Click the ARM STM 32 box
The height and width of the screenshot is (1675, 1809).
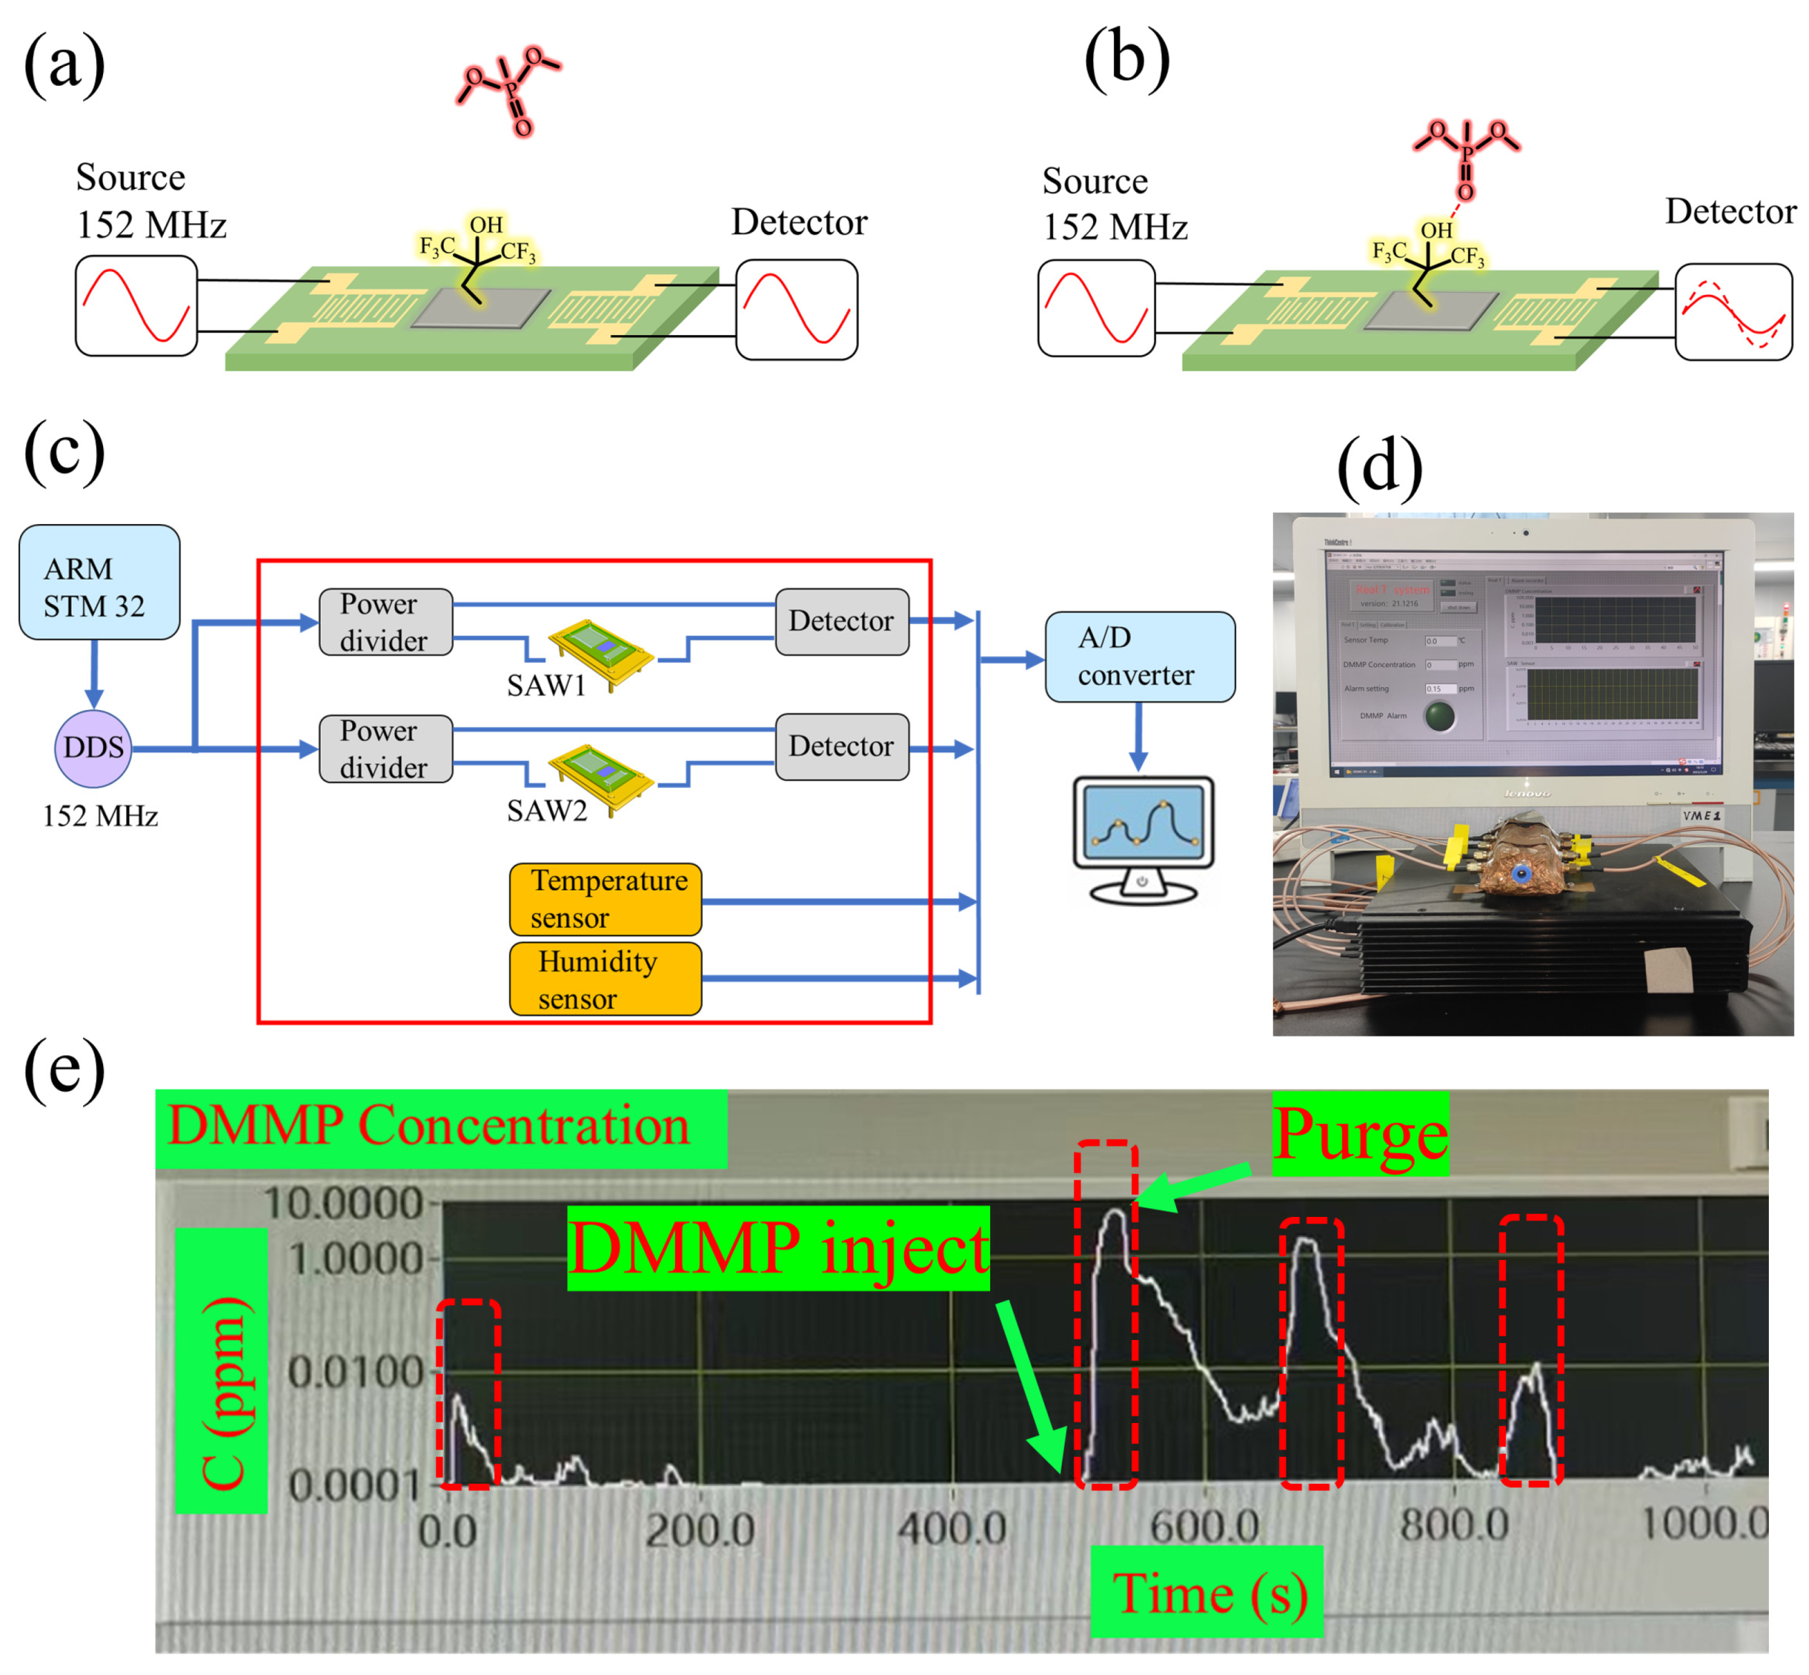point(99,582)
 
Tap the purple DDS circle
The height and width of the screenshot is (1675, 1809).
point(93,748)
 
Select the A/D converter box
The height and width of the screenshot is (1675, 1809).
point(1139,656)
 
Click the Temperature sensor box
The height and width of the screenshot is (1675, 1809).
point(606,899)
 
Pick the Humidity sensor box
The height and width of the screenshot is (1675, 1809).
point(606,979)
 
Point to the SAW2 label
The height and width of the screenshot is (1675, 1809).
point(546,810)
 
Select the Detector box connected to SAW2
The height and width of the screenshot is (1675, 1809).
point(842,747)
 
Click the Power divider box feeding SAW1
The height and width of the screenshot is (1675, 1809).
point(385,622)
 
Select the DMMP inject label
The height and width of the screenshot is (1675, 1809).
point(777,1248)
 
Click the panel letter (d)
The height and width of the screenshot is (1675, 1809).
point(1379,467)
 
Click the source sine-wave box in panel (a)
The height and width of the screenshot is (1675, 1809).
point(136,306)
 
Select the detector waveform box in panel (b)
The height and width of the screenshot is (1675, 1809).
point(1733,312)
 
